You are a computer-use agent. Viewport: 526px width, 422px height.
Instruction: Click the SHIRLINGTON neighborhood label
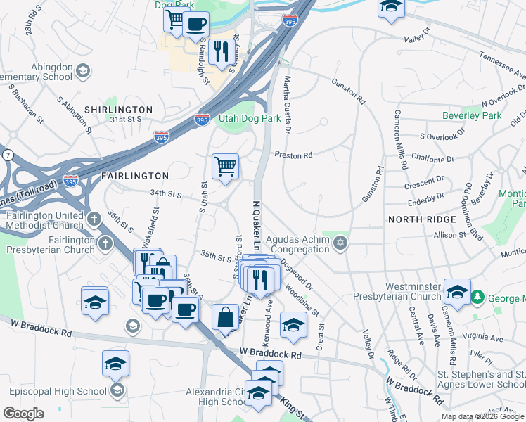(x=118, y=110)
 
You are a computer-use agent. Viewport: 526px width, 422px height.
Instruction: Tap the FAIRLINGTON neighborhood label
(x=135, y=175)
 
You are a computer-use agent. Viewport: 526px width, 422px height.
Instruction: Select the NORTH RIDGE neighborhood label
(x=422, y=219)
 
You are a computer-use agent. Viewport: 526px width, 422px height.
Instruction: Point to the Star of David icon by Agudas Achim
(x=340, y=243)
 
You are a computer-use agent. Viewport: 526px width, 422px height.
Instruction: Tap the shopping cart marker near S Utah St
(x=226, y=167)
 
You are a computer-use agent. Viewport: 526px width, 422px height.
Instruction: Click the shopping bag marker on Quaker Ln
(x=226, y=317)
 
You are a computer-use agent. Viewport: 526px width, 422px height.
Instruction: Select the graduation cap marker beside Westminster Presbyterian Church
(x=457, y=292)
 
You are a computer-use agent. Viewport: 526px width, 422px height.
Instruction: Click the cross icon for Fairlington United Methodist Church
(x=95, y=218)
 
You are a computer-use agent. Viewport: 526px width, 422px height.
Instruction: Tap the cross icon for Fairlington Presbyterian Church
(x=105, y=244)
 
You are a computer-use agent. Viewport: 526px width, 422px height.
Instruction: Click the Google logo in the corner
(x=23, y=414)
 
